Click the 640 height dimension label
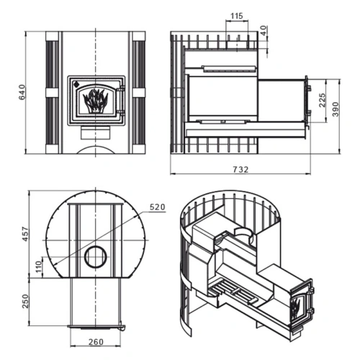point(22,92)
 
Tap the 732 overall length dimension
point(240,169)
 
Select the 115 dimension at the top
point(237,16)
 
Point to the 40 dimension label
point(264,31)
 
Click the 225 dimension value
point(323,100)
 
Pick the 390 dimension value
point(336,109)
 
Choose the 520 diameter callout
point(158,207)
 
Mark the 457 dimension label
point(25,234)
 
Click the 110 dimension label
point(38,266)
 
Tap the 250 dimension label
point(25,301)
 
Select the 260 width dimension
point(96,342)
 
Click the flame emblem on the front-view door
point(95,101)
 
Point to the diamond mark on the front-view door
point(76,84)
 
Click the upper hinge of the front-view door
point(122,89)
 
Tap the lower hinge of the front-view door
point(122,112)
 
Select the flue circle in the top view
point(96,257)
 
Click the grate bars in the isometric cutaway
point(233,292)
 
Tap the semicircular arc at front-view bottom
point(96,147)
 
